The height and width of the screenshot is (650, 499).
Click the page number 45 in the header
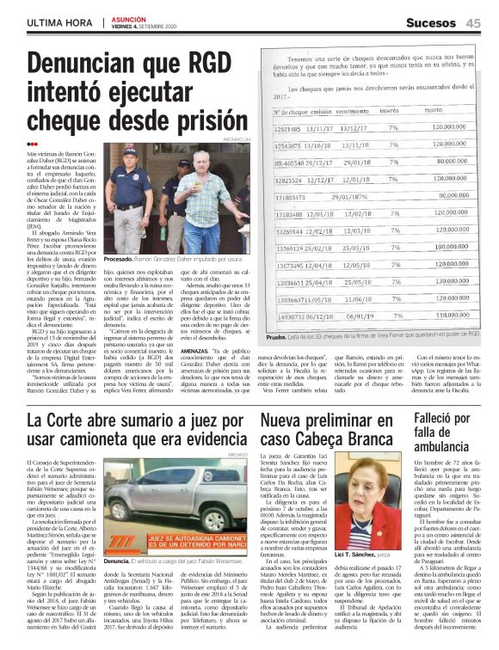point(473,21)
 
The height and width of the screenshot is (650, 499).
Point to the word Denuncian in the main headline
point(92,64)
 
